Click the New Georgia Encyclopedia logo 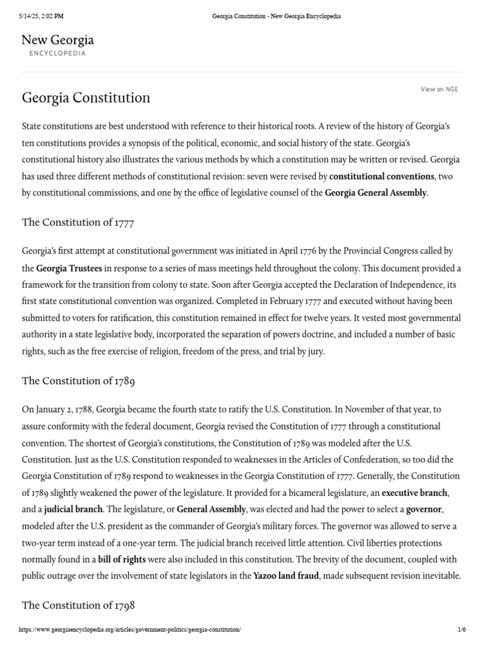(57, 45)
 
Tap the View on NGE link (439, 90)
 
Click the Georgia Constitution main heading (86, 98)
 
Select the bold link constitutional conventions (381, 176)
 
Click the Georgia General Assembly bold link (375, 193)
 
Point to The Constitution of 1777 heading (78, 222)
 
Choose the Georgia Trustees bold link (69, 269)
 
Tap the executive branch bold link (415, 493)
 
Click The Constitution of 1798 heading (78, 605)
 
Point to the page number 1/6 (461, 630)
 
